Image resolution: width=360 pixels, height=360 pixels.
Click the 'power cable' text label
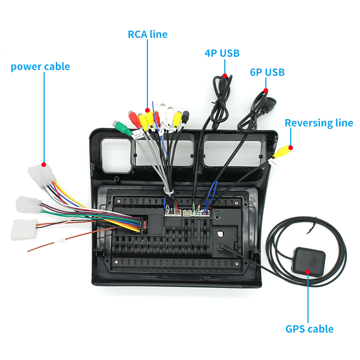point(40,67)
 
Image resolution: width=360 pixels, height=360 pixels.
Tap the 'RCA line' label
point(148,35)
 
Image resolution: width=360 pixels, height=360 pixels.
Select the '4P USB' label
point(222,53)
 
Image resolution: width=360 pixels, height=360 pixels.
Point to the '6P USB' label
point(267,72)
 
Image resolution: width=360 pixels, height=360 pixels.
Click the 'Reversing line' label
point(319,123)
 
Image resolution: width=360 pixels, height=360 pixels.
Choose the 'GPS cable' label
point(309,329)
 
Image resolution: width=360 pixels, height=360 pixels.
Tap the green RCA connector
point(122,127)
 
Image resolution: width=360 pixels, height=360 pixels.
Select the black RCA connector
point(185,117)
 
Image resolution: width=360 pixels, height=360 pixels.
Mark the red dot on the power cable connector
point(44,165)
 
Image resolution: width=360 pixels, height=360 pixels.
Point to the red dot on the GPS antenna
point(308,271)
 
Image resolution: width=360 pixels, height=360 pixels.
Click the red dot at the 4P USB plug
point(225,76)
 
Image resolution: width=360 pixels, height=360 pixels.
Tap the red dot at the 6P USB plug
point(266,90)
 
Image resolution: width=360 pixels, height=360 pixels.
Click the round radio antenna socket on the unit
point(218,216)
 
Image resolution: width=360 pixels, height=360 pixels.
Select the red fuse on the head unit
point(145,226)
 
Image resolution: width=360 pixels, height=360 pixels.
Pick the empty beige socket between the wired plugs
point(187,213)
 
